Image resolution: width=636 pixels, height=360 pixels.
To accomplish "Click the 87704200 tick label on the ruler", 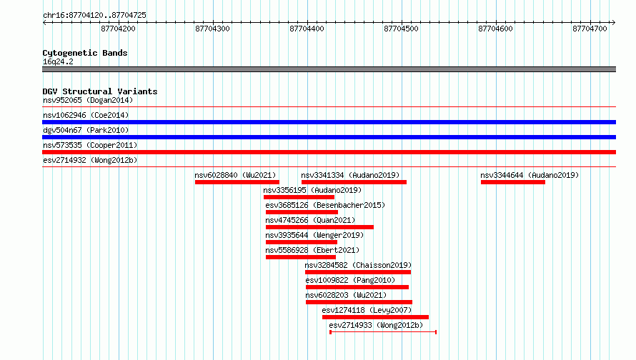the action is pyautogui.click(x=118, y=29).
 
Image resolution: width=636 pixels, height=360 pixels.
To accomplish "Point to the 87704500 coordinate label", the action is pyautogui.click(x=401, y=29).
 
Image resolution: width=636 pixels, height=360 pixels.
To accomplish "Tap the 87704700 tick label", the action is pyautogui.click(x=590, y=29).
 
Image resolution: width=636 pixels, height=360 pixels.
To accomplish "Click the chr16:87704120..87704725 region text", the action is pyautogui.click(x=94, y=15).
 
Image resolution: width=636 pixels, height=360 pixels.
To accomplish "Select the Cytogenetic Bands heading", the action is pyautogui.click(x=85, y=53).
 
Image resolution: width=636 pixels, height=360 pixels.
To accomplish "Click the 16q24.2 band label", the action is pyautogui.click(x=58, y=61).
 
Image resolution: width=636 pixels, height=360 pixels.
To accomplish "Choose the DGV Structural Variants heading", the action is pyautogui.click(x=100, y=91).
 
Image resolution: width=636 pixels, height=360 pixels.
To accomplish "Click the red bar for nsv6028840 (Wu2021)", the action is pyautogui.click(x=237, y=182).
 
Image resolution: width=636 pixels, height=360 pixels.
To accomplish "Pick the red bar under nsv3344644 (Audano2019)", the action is pyautogui.click(x=512, y=182).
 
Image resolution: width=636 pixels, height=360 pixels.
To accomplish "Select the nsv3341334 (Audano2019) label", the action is pyautogui.click(x=350, y=175).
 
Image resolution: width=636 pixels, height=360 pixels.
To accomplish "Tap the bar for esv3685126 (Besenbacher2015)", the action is pyautogui.click(x=302, y=212).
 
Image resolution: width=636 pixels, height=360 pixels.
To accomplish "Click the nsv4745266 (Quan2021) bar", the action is pyautogui.click(x=319, y=227).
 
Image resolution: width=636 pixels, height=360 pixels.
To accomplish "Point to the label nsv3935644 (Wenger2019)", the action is pyautogui.click(x=314, y=235).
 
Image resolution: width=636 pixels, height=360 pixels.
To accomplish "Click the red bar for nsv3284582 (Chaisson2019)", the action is pyautogui.click(x=358, y=272).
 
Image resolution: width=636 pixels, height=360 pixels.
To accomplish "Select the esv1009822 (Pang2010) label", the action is pyautogui.click(x=350, y=280).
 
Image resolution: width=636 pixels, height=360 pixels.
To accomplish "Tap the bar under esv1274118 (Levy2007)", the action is pyautogui.click(x=375, y=317).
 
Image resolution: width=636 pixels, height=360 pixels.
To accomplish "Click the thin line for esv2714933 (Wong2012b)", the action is pyautogui.click(x=383, y=332).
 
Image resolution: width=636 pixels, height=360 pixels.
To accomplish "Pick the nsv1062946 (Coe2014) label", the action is pyautogui.click(x=86, y=115).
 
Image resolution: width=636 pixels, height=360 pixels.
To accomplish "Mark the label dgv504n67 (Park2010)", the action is pyautogui.click(x=86, y=130).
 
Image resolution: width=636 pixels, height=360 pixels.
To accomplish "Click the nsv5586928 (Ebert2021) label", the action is pyautogui.click(x=312, y=250).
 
